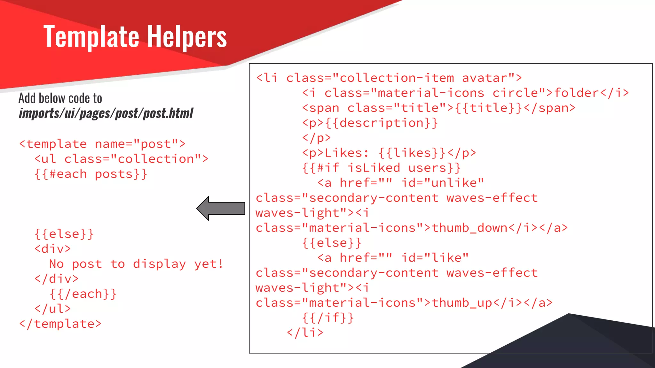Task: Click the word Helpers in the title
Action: coord(187,37)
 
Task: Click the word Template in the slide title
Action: coord(91,37)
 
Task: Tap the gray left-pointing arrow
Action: coord(221,208)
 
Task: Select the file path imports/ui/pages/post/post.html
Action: coord(106,113)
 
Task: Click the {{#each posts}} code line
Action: coord(91,174)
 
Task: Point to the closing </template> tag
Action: coord(60,324)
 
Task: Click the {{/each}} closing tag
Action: coord(83,294)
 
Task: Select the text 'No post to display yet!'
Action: coord(136,264)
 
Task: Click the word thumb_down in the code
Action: coord(470,228)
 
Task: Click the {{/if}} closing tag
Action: coord(328,318)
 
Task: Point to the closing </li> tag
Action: coord(305,333)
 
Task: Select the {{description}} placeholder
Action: coord(381,123)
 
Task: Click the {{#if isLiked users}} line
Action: coord(381,168)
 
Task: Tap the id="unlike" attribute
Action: coord(443,183)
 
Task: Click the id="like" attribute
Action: coord(435,258)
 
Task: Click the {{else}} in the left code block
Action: coord(64,234)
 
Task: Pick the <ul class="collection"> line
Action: coord(121,159)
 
